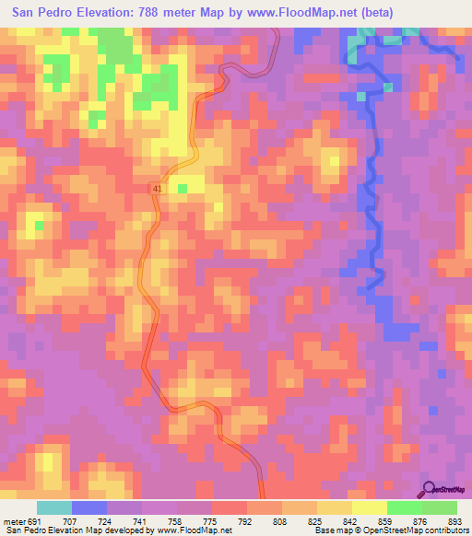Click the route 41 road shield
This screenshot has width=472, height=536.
(157, 188)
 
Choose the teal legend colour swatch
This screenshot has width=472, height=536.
(54, 507)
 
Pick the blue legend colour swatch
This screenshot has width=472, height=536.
(89, 507)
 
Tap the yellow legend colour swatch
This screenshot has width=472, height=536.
(370, 507)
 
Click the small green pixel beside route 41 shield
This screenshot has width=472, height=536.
(183, 188)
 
